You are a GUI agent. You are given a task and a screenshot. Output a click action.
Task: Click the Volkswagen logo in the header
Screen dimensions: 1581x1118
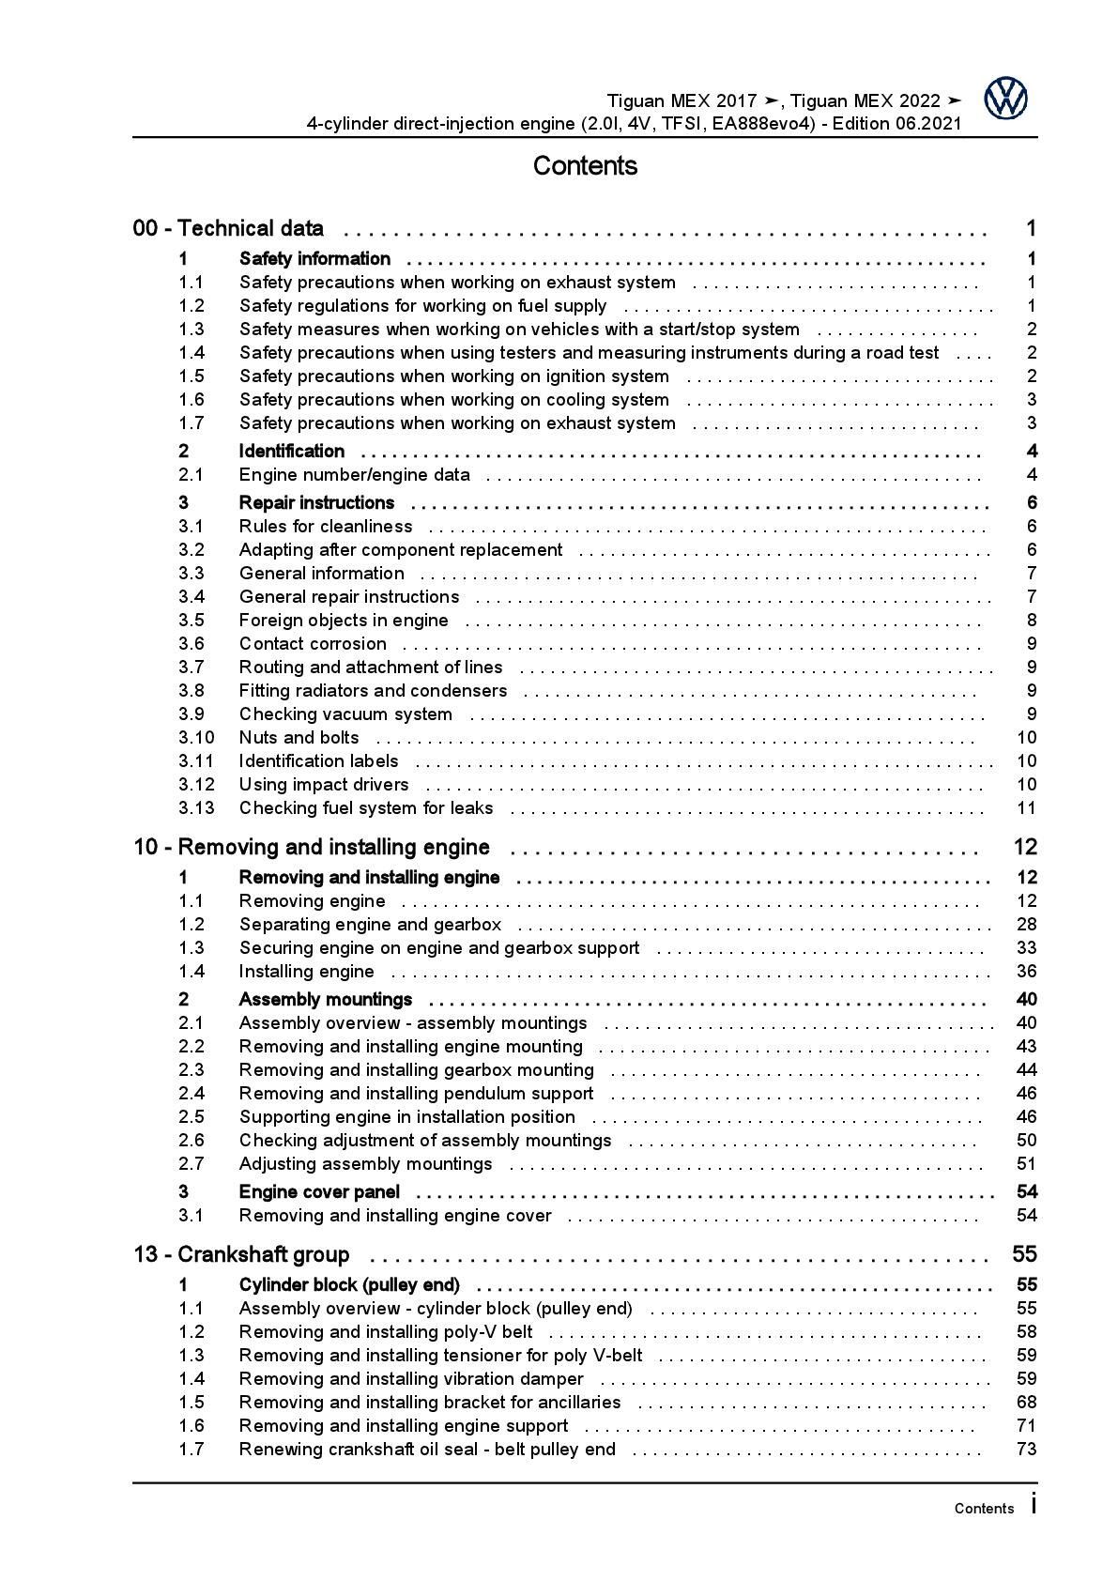(1005, 99)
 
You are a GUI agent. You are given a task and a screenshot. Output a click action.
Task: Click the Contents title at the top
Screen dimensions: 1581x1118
(585, 166)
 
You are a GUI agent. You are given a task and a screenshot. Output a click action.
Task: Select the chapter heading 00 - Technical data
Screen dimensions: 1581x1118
(229, 228)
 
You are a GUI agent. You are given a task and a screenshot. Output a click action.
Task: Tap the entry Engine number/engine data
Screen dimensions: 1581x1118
(354, 475)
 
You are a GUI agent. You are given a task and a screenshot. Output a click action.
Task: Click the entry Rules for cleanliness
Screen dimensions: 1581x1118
(326, 527)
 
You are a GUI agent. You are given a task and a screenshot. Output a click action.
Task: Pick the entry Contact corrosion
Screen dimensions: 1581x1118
(313, 644)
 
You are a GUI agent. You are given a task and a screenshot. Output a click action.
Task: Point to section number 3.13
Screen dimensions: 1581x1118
(196, 808)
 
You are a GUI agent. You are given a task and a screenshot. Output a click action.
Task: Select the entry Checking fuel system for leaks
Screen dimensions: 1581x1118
(366, 808)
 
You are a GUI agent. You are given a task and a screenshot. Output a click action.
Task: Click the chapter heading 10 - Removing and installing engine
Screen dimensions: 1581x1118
(312, 848)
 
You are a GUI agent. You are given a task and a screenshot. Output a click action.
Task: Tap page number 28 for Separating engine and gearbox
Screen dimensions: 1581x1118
(1026, 925)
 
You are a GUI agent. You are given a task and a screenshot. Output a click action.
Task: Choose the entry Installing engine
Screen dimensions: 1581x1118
(306, 972)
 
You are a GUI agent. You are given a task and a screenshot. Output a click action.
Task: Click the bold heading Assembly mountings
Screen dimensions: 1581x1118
(326, 1000)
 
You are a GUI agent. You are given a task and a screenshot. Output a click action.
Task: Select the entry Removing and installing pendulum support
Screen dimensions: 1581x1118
(416, 1094)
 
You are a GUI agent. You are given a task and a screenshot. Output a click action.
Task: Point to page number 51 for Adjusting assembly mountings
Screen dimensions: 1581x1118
(1026, 1164)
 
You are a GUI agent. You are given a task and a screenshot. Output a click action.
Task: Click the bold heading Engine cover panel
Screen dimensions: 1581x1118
(319, 1192)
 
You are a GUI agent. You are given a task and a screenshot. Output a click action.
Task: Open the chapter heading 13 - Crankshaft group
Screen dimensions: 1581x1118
(241, 1255)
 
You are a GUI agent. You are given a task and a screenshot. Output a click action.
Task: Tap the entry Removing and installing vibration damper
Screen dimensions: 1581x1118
(411, 1379)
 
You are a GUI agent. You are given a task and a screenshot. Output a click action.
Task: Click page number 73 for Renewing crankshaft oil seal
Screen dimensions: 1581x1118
(1026, 1450)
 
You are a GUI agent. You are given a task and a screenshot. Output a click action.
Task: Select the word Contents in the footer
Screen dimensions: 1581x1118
(984, 1509)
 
